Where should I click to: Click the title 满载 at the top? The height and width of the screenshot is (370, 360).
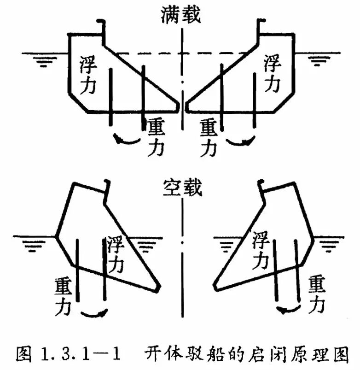pos(181,15)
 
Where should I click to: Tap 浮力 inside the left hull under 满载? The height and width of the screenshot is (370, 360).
pos(88,75)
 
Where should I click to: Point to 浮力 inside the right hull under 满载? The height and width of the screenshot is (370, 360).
pos(272,73)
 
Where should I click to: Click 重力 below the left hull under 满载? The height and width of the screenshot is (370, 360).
pos(156,137)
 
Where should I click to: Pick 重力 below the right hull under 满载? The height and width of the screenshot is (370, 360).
pos(209,138)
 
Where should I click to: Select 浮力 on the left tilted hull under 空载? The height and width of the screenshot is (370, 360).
pos(116,254)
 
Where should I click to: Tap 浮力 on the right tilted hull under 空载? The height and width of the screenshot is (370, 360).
pos(260,250)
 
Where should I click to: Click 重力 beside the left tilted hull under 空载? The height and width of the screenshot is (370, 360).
pos(63,297)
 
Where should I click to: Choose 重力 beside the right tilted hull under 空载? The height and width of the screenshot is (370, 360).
pos(317,294)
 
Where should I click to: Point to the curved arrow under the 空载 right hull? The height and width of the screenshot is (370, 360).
pos(289,310)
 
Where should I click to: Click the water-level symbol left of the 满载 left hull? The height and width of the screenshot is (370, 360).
pos(44,60)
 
